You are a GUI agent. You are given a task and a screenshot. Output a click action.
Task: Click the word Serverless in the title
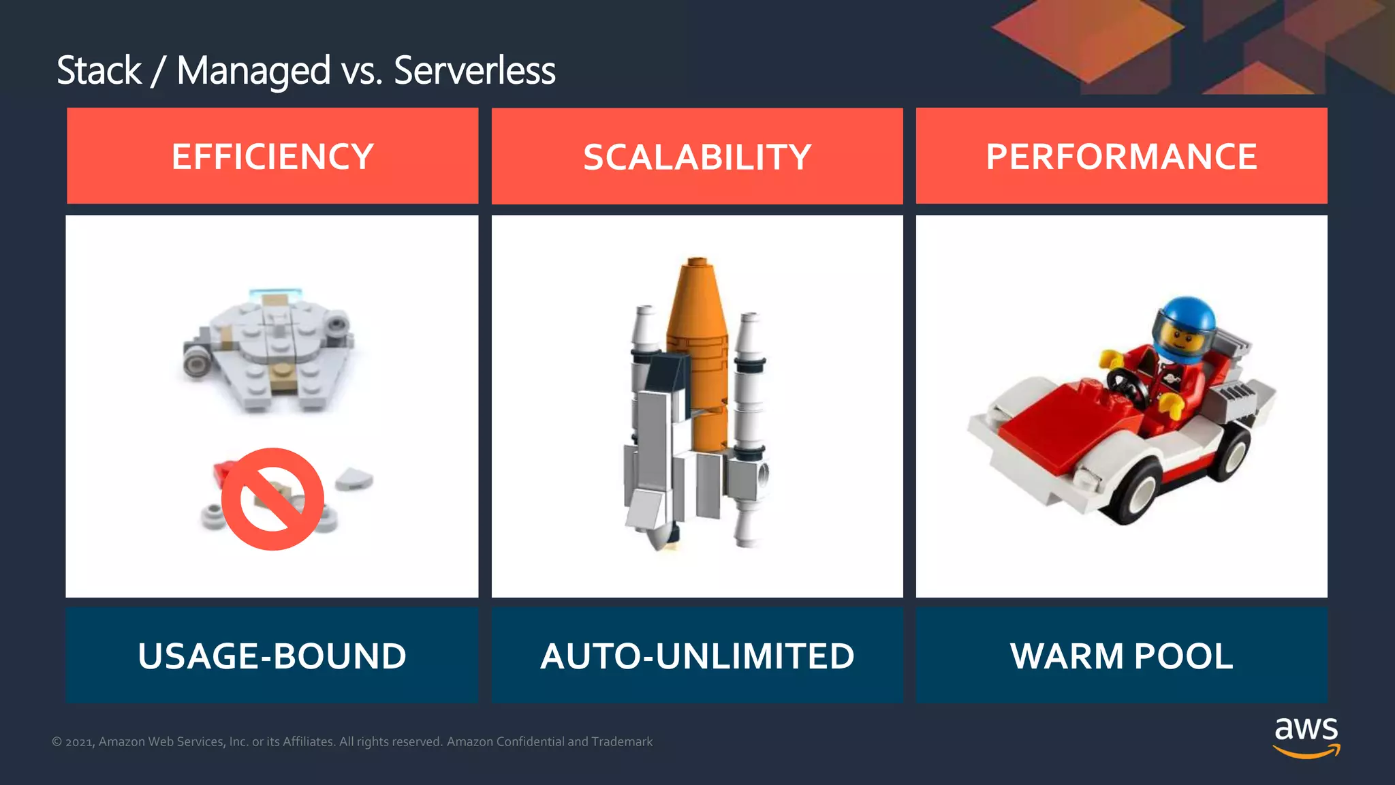[x=474, y=71]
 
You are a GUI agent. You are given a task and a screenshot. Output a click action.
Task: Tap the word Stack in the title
[x=99, y=71]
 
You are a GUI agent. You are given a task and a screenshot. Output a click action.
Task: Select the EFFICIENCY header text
[x=272, y=157]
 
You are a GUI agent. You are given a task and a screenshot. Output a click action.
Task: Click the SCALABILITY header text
[x=697, y=157]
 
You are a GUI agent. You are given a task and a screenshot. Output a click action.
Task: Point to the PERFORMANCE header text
[x=1121, y=157]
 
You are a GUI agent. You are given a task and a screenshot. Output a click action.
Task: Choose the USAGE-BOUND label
[x=272, y=656]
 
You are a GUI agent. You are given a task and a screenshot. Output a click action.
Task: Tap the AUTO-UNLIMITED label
[x=697, y=656]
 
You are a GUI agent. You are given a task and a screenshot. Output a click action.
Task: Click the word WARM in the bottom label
[x=1067, y=656]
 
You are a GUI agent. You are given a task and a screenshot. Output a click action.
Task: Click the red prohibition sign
[x=272, y=499]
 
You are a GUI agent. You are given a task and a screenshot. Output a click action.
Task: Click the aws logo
[x=1306, y=737]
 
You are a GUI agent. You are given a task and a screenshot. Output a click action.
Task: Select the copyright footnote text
[x=352, y=741]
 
